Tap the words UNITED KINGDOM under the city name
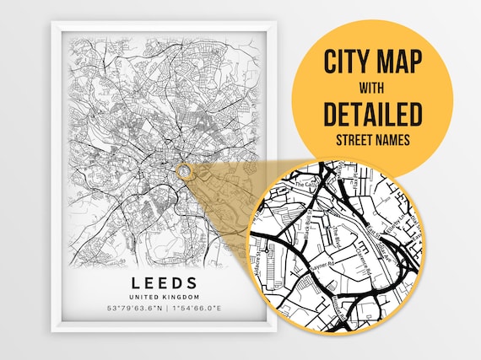coord(164,298)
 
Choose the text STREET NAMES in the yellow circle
coord(371,137)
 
